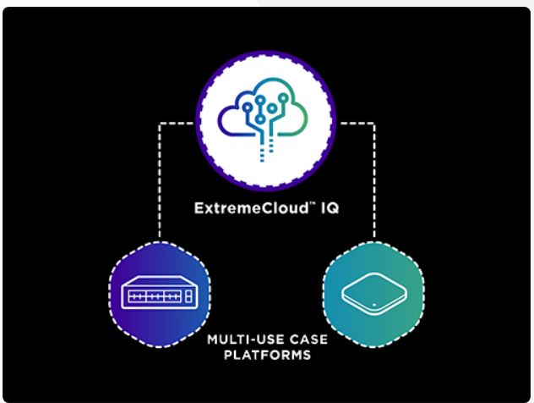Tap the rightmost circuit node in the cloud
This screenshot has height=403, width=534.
point(283,98)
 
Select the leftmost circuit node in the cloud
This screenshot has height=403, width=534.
point(248,108)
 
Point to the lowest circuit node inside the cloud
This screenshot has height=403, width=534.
point(260,119)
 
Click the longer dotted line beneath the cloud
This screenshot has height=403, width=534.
point(262,150)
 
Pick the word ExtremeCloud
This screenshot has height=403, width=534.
point(251,208)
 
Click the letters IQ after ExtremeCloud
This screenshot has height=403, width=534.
point(330,208)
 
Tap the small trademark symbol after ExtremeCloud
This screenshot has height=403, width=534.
point(313,204)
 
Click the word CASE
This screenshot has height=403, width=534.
point(308,340)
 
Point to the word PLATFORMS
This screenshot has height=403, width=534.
point(267,355)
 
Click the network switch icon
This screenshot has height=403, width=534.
point(160,292)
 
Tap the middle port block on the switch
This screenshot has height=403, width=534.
point(155,296)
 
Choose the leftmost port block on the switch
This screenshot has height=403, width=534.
point(137,296)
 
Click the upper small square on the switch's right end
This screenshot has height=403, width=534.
point(188,294)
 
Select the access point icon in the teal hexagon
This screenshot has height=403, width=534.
point(374,294)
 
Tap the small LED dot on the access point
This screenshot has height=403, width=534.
point(374,305)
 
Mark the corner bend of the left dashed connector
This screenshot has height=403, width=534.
point(160,124)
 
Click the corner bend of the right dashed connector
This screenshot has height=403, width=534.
point(374,124)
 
